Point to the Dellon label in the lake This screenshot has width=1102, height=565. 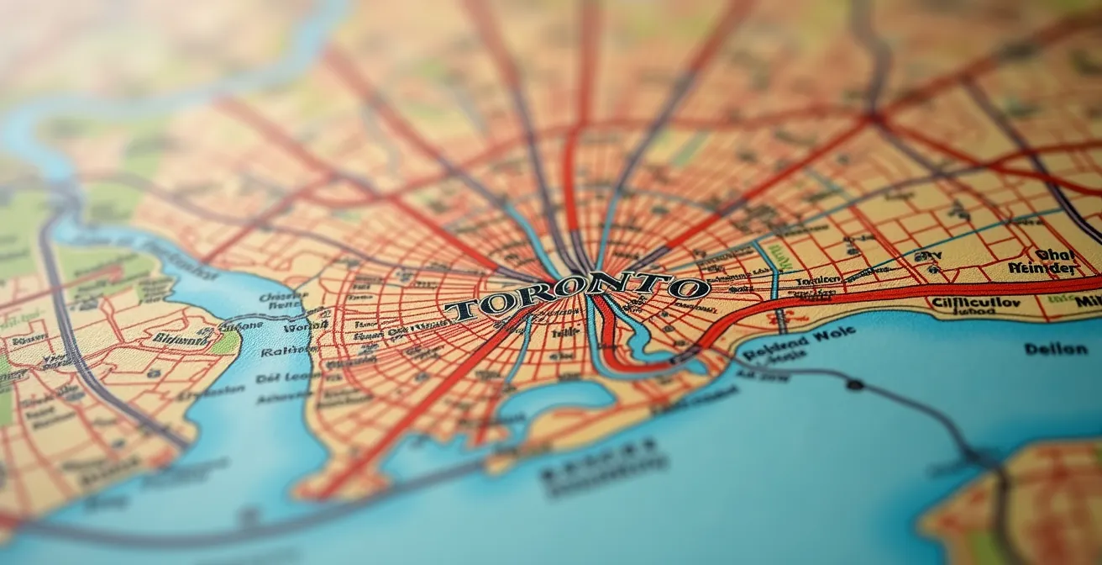pyautogui.click(x=1055, y=348)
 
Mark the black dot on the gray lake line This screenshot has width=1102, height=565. pyautogui.click(x=855, y=385)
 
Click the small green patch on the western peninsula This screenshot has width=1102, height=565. pyautogui.click(x=225, y=343)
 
